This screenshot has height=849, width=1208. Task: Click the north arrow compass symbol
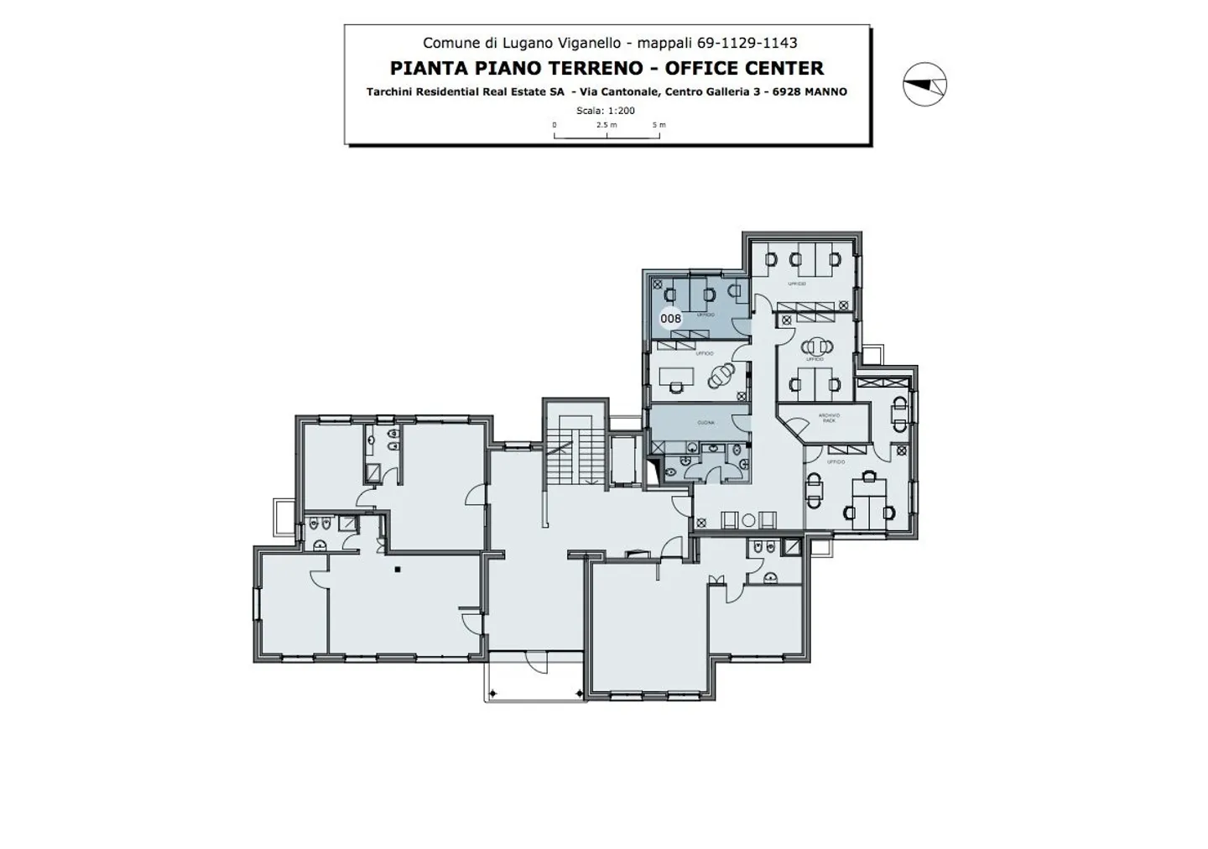pos(924,84)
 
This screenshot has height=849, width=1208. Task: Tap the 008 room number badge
pos(671,319)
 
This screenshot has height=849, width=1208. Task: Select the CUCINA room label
pos(706,423)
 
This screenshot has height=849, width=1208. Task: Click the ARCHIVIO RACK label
pos(829,417)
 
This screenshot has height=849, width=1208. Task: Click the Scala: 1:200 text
pos(605,111)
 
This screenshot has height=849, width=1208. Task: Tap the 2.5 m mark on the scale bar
pos(607,125)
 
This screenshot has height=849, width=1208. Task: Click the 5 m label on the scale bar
pos(659,125)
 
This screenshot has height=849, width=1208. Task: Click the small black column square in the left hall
pos(398,570)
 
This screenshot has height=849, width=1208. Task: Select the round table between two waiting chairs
pos(747,520)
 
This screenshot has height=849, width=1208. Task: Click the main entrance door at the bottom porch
pos(534,663)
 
